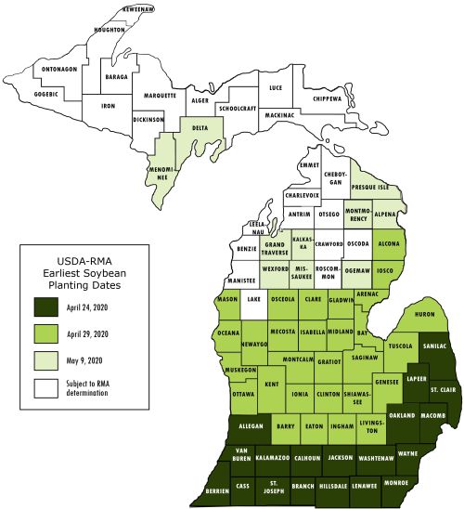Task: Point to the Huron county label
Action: pyautogui.click(x=424, y=315)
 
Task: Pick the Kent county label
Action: pyautogui.click(x=271, y=383)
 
